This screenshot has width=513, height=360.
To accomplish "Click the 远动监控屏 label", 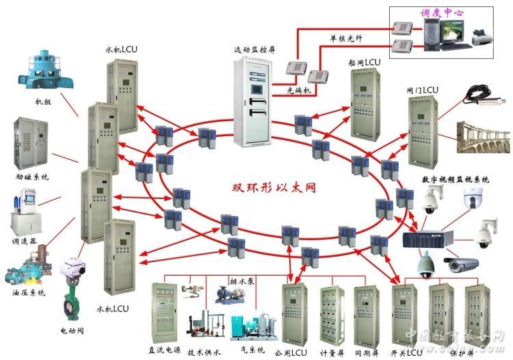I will pos(254,51).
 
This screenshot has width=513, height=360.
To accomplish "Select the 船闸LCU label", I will pos(363,62).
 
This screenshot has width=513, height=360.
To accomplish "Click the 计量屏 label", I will pos(332,353).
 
